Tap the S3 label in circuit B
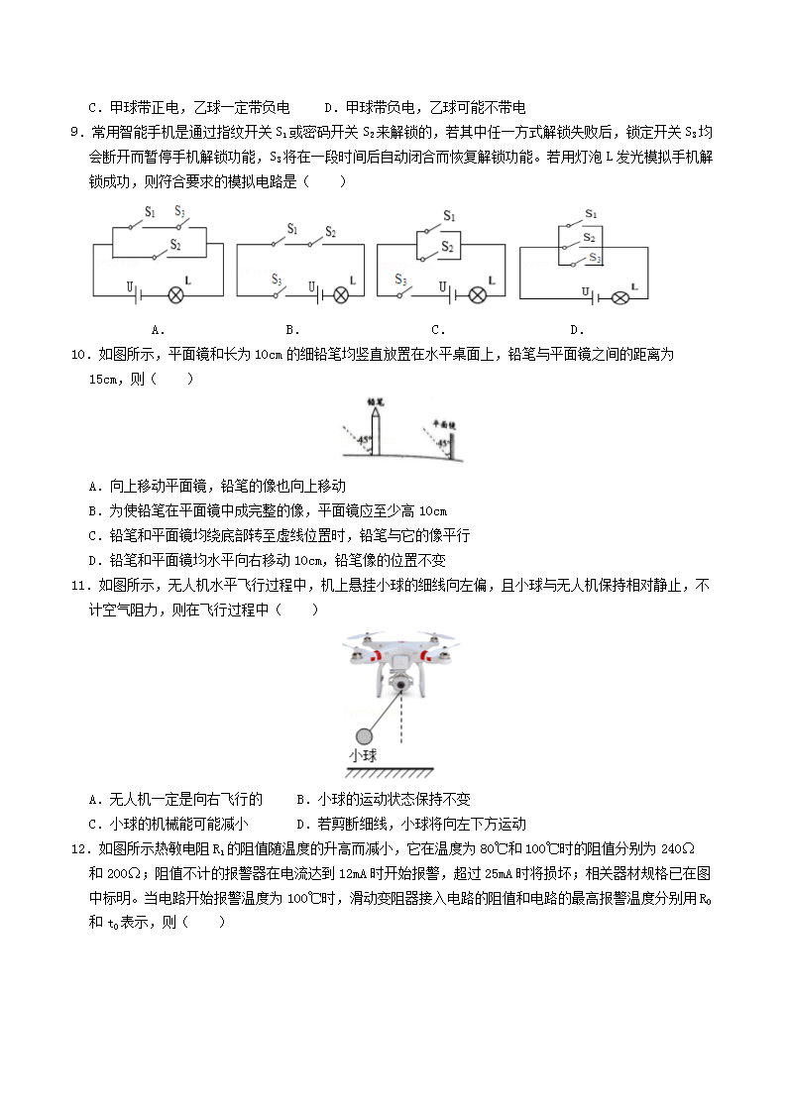pos(277,279)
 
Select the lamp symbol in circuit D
pos(620,295)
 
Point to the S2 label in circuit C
pos(447,247)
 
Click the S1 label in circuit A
pos(150,212)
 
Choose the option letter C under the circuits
pos(437,330)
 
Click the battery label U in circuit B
pos(313,286)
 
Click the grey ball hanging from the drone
pos(365,735)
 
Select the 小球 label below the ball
pos(363,756)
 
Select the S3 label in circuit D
pos(594,258)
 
